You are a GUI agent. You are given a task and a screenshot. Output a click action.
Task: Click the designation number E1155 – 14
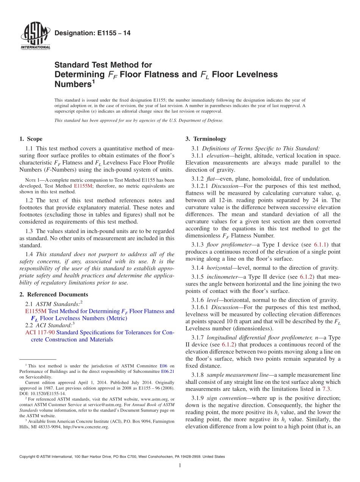(93, 33)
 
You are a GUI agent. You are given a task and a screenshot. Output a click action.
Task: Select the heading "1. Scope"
(31, 139)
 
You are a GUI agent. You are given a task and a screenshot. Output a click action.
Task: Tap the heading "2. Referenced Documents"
(53, 294)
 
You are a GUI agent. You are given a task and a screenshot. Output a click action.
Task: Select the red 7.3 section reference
(326, 389)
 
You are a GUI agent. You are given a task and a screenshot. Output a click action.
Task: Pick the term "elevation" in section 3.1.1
(219, 155)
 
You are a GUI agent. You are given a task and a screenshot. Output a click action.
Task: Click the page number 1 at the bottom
(180, 466)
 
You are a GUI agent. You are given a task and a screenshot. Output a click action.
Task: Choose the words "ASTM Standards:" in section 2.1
(58, 304)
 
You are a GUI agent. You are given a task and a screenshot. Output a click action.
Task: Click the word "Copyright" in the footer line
(28, 457)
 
